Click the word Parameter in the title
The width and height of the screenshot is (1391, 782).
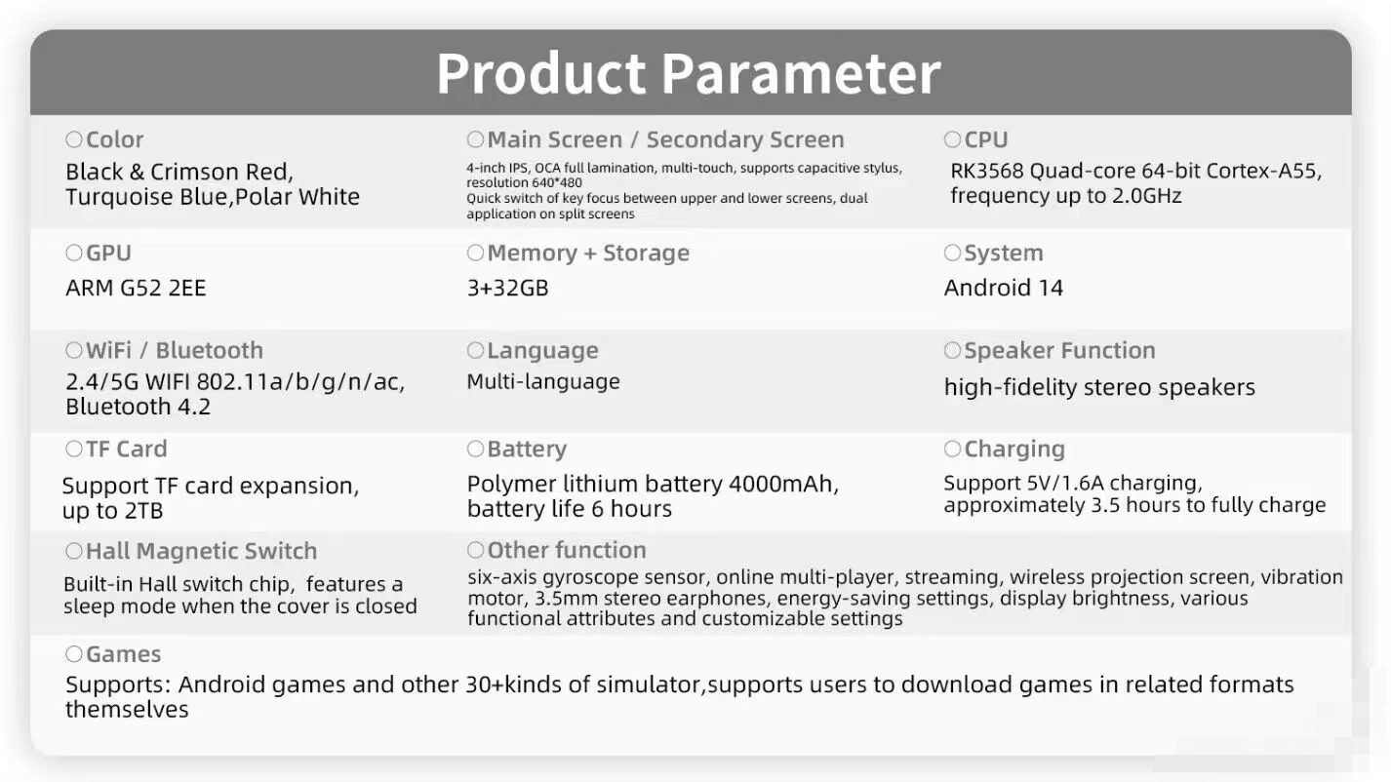point(801,74)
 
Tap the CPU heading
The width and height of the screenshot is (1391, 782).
point(985,139)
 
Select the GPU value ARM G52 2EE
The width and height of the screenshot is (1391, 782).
point(136,288)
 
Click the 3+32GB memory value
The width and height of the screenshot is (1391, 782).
point(507,288)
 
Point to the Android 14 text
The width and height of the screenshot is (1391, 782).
point(1004,288)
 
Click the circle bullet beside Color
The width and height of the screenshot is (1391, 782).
point(74,139)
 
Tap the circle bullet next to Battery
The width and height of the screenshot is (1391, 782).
point(475,449)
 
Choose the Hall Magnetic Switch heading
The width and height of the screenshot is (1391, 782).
point(201,551)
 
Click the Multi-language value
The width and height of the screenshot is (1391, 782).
point(543,381)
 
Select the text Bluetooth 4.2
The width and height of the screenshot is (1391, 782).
point(138,408)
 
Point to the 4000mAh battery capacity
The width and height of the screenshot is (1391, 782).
point(783,484)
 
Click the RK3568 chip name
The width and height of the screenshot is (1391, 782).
point(987,171)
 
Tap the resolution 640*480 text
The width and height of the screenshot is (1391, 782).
point(524,182)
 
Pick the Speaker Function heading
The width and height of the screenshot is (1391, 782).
point(1059,351)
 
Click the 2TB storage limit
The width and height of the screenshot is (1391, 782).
point(143,511)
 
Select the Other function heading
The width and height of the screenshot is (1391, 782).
point(567,550)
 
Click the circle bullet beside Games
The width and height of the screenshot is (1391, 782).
point(74,653)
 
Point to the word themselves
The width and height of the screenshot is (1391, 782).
point(127,710)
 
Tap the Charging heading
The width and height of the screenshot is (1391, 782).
point(1014,450)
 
